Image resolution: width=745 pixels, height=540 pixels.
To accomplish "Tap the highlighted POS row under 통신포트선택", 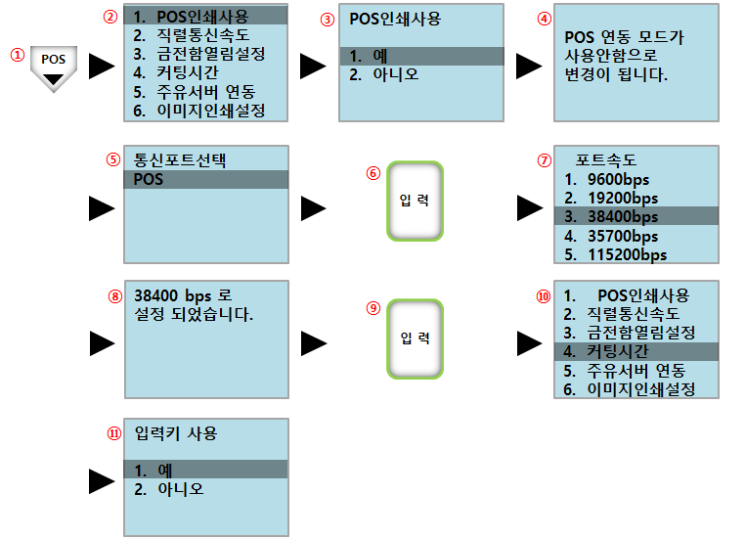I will click(205, 180).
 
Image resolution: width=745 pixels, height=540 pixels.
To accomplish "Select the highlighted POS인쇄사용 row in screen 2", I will click(205, 17).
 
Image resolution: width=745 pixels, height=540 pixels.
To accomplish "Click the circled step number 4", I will click(545, 18).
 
